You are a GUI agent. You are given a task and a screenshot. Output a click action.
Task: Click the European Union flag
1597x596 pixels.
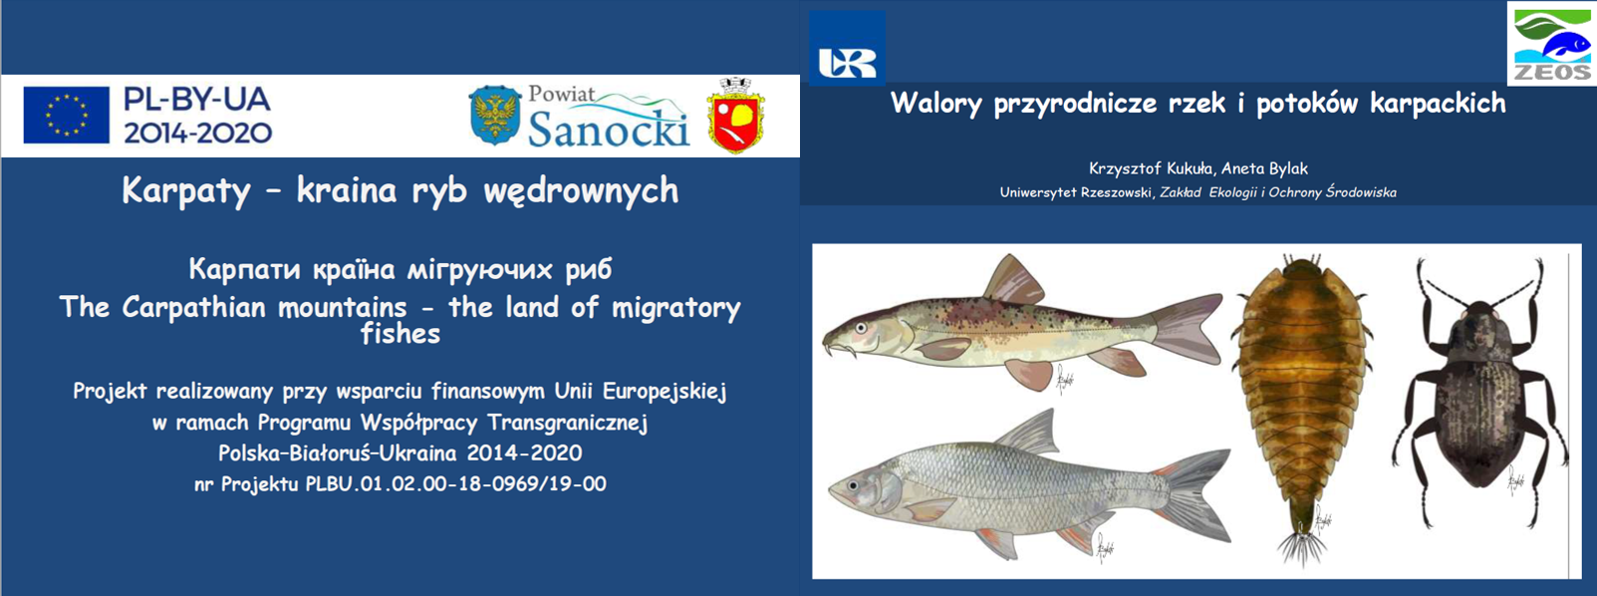point(67,115)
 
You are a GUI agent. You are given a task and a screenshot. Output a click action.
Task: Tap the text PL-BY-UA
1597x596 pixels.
point(197,100)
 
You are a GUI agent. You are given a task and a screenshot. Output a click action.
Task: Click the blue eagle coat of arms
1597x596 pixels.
point(494,116)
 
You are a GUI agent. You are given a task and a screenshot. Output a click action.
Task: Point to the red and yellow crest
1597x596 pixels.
point(736,117)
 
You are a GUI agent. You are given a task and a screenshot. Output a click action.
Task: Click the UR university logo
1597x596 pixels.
point(847,48)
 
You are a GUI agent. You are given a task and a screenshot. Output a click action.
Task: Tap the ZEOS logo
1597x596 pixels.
point(1551,43)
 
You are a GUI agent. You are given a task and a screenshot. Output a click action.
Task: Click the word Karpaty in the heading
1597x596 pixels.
point(186,191)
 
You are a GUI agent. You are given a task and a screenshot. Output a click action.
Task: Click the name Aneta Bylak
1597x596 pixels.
point(1264,169)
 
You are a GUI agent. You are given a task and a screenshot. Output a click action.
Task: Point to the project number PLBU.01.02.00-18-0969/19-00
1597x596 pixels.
point(455,484)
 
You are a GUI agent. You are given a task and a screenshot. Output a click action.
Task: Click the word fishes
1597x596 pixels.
point(400,334)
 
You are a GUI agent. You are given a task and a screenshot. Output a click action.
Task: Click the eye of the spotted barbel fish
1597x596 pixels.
point(862,328)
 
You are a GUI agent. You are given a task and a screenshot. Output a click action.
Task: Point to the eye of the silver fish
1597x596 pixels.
point(854,484)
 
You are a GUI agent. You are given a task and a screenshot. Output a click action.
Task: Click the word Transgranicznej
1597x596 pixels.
point(568,424)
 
